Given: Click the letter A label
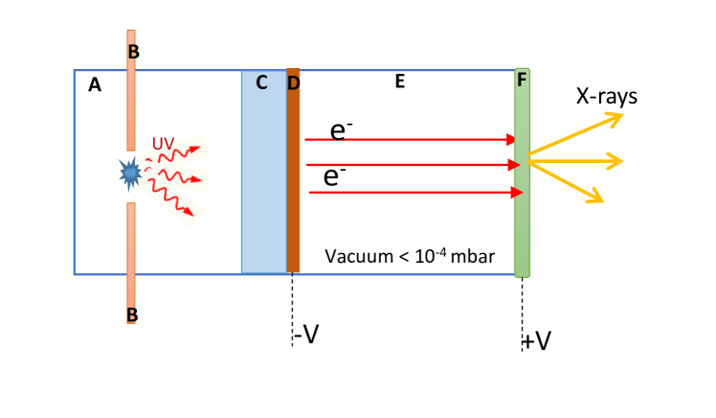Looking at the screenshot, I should click(94, 85).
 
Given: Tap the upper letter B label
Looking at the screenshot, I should click(133, 52).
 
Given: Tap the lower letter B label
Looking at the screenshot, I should click(132, 313).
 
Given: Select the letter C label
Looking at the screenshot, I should click(261, 82).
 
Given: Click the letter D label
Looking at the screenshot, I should click(293, 82).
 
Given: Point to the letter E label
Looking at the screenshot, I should click(400, 81).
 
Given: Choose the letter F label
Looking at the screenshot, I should click(522, 80).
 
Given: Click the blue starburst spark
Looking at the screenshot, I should click(131, 174).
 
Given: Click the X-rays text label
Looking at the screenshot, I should click(607, 96).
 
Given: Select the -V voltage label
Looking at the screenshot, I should click(304, 334).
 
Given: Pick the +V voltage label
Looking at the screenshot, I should click(537, 341).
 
